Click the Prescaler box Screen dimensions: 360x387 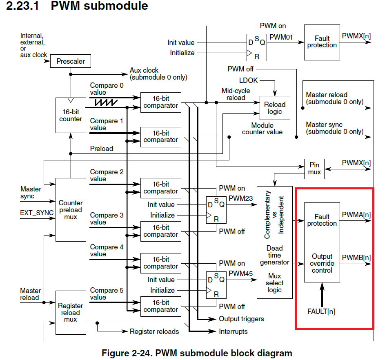[x=71, y=61]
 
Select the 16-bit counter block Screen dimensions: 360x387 [x=71, y=115]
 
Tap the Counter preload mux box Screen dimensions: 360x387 [x=71, y=210]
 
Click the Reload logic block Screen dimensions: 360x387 [x=275, y=108]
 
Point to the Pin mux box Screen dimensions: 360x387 [x=315, y=168]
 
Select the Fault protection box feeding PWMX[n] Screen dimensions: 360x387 [x=322, y=42]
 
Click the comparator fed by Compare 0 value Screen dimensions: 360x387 [x=160, y=102]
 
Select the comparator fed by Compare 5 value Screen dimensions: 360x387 [x=160, y=306]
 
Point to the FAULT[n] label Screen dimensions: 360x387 [x=321, y=311]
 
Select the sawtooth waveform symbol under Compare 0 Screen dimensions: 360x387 [x=106, y=102]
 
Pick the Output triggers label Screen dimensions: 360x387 [x=242, y=319]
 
